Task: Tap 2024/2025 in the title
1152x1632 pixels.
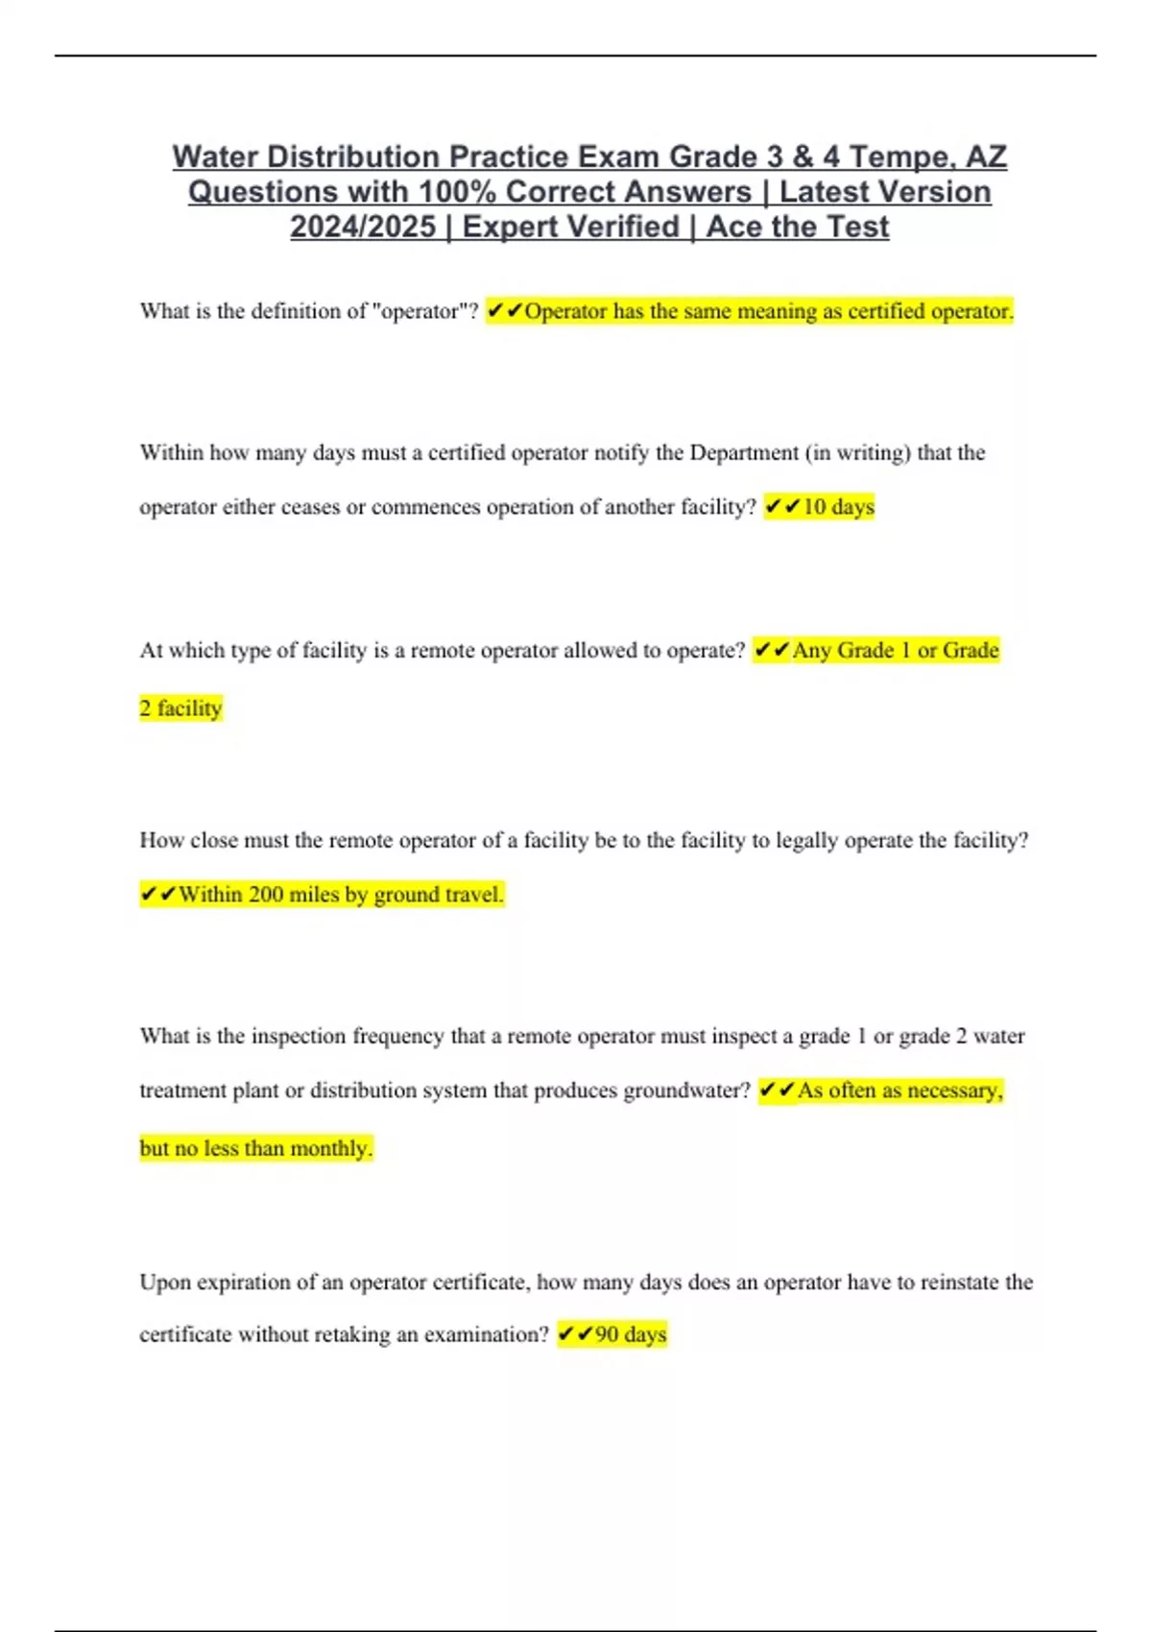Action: [x=363, y=227]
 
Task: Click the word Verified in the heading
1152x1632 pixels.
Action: [x=624, y=227]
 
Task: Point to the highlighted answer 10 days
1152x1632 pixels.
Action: [x=838, y=507]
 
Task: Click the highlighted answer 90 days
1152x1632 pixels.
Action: [x=630, y=1334]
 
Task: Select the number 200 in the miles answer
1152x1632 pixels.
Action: [x=266, y=895]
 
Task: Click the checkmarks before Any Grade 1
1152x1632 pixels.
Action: [x=771, y=651]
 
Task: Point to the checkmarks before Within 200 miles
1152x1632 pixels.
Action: [x=157, y=895]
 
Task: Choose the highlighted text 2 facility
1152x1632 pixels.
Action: [x=180, y=708]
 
